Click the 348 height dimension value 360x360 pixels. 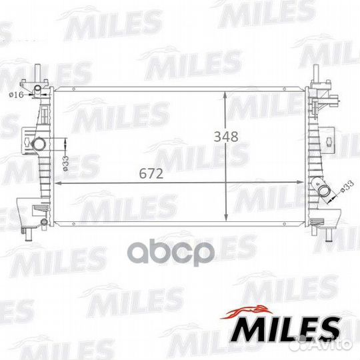(226, 137)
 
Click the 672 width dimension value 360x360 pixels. (151, 173)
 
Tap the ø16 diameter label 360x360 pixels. (16, 95)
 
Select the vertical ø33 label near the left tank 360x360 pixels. (65, 163)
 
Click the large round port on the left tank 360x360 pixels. (38, 145)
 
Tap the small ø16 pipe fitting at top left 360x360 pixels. (37, 89)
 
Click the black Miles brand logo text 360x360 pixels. (285, 329)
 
